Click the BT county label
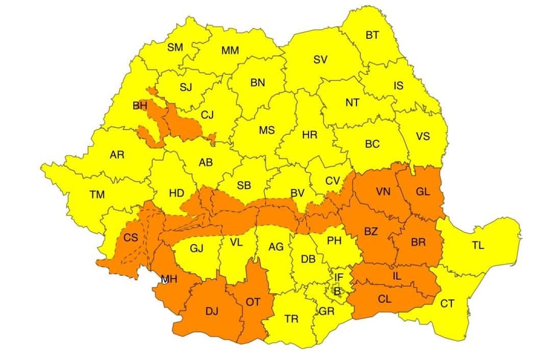coord(372,35)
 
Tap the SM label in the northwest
coord(175,47)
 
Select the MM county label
coord(230,51)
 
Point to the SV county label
coord(320,60)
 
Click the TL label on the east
coord(478,245)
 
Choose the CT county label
coord(447,304)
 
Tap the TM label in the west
coord(97,195)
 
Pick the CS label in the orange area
coord(131,238)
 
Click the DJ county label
coord(212,311)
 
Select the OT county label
coord(253,302)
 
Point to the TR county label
coord(291,319)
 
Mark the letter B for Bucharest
coord(337,292)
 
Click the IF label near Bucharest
coord(339,277)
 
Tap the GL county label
coord(423,192)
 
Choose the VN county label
coord(383,192)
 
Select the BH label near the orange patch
coord(140,106)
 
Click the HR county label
coord(309,135)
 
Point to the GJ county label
coord(196,249)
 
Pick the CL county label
coord(385,299)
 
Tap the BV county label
coord(297,193)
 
